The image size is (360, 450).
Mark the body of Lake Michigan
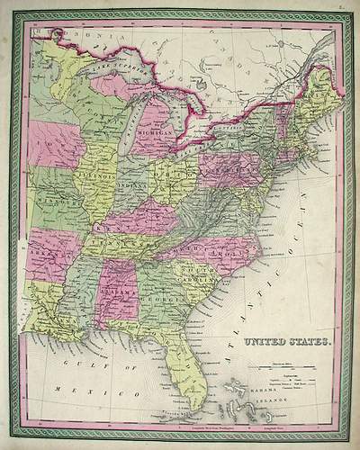[131, 126]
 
